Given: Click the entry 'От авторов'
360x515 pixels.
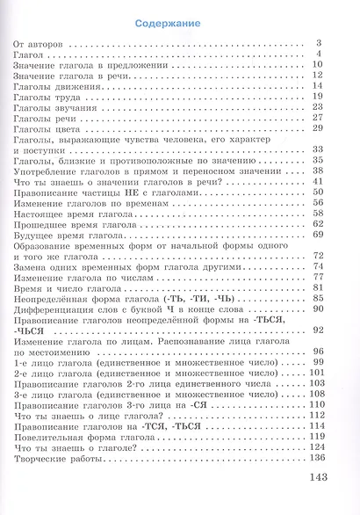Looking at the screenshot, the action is [39, 43].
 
